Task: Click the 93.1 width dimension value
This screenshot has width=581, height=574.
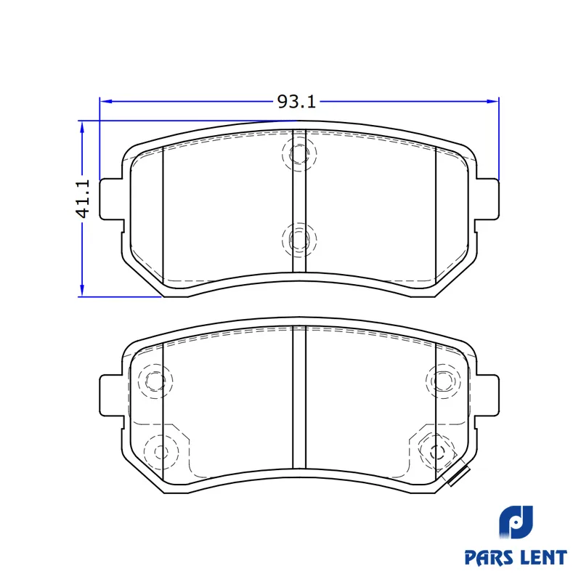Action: point(296,102)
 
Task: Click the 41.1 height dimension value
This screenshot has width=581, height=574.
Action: point(83,198)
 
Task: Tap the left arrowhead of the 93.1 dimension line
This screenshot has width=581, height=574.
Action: point(106,101)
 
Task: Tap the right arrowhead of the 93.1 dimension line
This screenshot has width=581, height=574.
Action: point(492,101)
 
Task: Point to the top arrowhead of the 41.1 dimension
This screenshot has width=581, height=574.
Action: point(82,127)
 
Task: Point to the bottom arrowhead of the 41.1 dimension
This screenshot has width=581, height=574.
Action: point(82,291)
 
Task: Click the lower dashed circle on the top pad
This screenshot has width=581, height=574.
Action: point(299,240)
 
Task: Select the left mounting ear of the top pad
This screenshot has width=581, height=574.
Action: point(111,199)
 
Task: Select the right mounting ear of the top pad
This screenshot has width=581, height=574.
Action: point(487,199)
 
